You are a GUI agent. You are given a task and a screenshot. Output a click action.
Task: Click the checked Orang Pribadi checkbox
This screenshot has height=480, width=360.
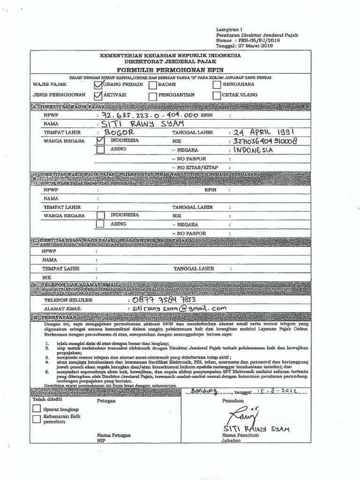(98, 85)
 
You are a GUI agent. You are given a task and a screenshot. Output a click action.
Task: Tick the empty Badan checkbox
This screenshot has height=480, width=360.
(153, 85)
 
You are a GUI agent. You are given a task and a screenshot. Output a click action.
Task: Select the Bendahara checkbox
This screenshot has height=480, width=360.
(216, 85)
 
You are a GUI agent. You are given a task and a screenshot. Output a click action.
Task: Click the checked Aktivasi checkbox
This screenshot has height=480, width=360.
(98, 96)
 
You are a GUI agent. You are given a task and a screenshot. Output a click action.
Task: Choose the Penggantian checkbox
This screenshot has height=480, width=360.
(153, 96)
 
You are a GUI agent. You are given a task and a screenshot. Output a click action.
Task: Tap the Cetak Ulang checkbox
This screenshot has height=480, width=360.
(216, 96)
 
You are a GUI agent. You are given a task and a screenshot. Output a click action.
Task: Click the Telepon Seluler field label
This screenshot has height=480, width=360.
(66, 300)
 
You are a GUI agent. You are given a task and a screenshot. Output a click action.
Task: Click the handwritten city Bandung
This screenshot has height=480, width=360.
(202, 390)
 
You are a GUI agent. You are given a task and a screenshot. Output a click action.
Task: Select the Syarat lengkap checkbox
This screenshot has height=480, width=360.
(37, 409)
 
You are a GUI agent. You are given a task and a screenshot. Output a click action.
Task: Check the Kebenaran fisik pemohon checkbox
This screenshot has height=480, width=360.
(37, 419)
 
